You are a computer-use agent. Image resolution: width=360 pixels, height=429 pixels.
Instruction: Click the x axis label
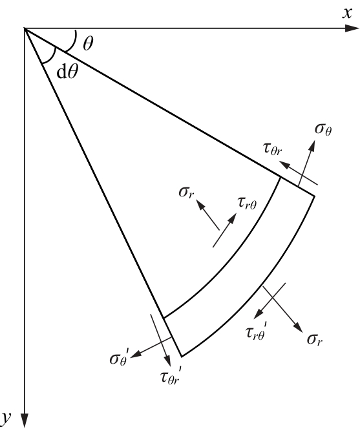tap(347, 13)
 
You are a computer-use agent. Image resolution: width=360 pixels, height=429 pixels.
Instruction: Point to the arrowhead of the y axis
tap(25, 421)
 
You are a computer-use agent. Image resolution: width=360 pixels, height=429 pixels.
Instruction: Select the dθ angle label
tap(67, 72)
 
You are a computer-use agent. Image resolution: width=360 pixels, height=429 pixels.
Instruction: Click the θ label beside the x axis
tap(88, 43)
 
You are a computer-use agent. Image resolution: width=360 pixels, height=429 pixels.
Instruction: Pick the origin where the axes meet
tap(25, 28)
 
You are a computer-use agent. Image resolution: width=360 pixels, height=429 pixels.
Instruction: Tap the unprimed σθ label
tap(323, 129)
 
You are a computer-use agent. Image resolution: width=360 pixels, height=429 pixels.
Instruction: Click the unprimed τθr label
tap(272, 149)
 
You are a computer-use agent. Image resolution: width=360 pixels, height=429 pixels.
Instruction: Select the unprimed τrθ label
tap(247, 204)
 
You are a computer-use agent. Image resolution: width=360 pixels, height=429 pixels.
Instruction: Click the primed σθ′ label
tap(119, 357)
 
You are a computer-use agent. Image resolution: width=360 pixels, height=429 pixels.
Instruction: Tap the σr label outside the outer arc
tap(315, 340)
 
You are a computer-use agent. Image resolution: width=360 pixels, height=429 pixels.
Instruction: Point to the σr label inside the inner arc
tap(186, 192)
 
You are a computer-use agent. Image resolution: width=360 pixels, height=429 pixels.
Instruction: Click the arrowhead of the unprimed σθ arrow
tap(312, 146)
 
